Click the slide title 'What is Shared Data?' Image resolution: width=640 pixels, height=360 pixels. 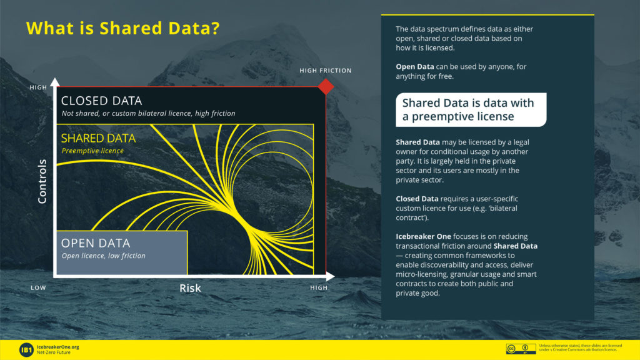tap(123, 28)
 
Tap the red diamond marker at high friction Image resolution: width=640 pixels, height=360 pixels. tap(326, 86)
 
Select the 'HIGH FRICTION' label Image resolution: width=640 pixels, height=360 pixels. tap(325, 71)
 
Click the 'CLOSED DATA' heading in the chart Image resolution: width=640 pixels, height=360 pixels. tap(101, 101)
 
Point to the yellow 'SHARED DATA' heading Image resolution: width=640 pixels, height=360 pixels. tap(98, 138)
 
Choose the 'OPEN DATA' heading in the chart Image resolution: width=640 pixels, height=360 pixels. tap(96, 243)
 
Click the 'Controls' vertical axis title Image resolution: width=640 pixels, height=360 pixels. tap(42, 181)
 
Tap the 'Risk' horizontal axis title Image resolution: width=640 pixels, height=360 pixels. tap(190, 288)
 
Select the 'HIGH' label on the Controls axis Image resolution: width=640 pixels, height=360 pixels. tap(38, 87)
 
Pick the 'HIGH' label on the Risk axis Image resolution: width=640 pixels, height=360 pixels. tap(319, 287)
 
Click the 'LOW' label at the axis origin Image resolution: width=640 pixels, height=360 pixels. tap(38, 287)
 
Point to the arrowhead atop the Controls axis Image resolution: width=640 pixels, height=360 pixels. tap(55, 82)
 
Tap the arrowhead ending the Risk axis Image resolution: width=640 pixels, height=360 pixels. tap(330, 276)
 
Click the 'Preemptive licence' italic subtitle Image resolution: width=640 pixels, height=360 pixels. tap(92, 151)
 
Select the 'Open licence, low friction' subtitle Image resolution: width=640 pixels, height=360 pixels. tap(104, 256)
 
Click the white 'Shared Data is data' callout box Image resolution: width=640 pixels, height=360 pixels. tap(471, 109)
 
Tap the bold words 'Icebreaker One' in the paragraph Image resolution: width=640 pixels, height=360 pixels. tap(423, 236)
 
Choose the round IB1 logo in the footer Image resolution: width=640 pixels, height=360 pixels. tap(26, 350)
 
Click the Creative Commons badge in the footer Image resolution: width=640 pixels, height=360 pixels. tap(521, 349)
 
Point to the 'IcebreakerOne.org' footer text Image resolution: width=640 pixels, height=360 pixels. tap(58, 347)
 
